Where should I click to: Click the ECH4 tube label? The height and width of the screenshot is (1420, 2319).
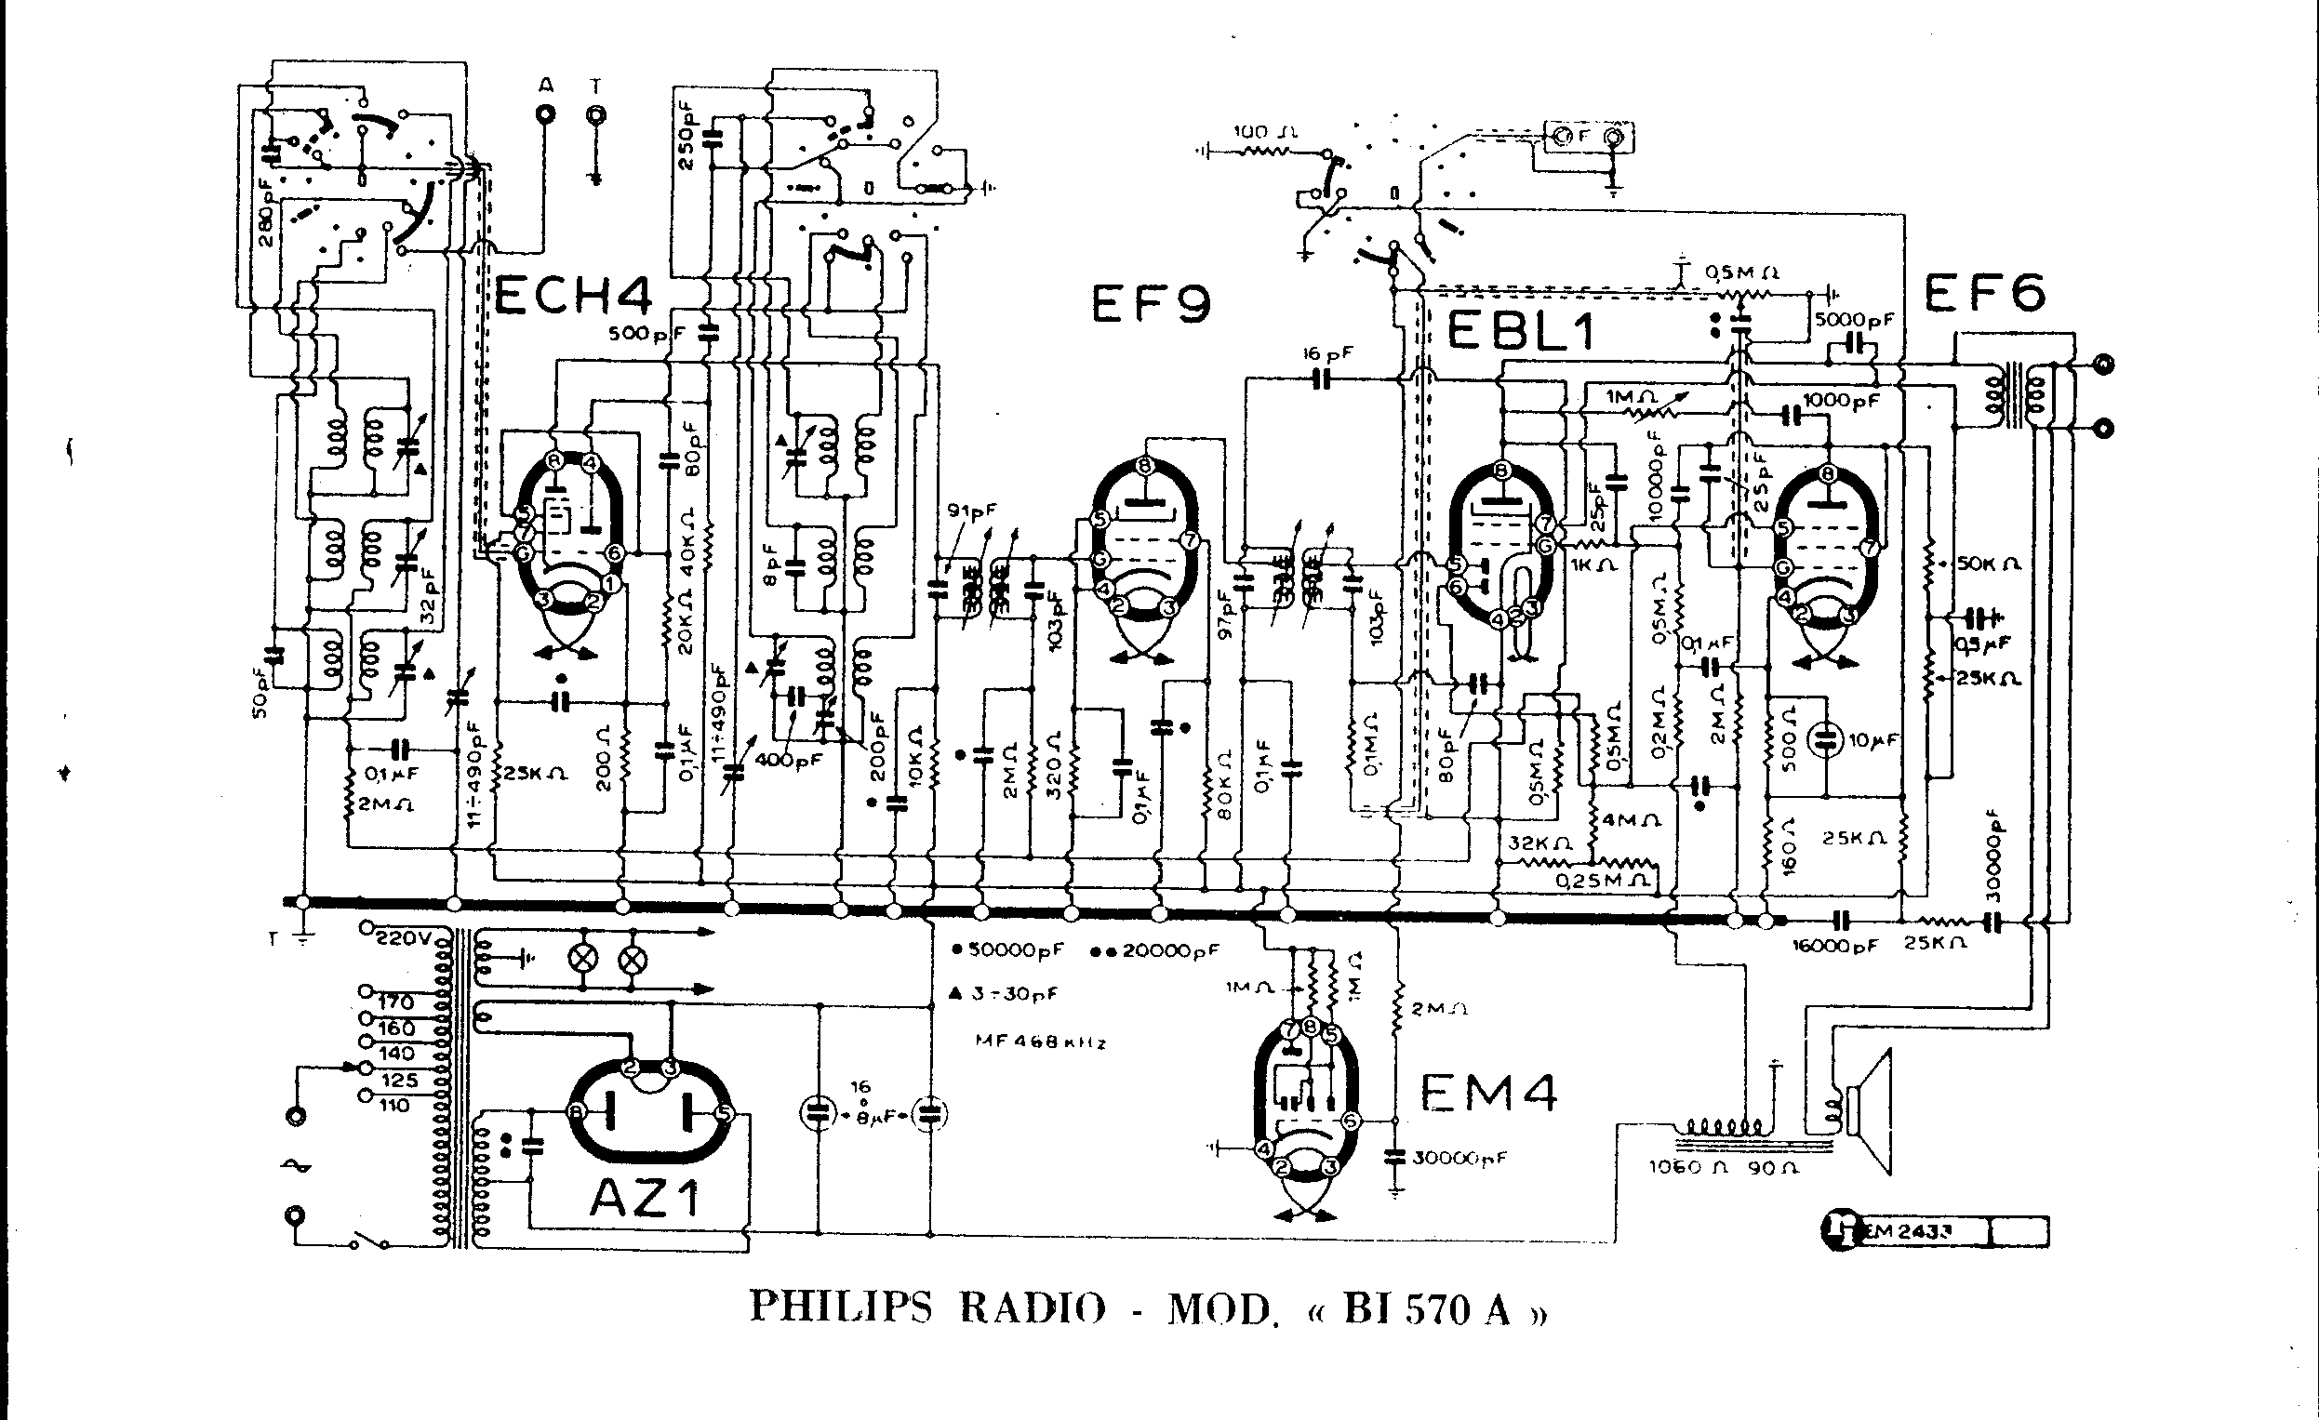point(572,298)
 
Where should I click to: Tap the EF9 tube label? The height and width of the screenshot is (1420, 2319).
point(1150,303)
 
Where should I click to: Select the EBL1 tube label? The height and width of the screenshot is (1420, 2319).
point(1519,331)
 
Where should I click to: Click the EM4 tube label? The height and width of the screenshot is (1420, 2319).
point(1487,1093)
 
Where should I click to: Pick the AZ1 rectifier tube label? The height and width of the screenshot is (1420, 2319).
point(646,1198)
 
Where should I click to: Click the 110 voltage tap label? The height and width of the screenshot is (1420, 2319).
point(394,1106)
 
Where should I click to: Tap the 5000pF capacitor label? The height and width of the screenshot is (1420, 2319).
point(1853,320)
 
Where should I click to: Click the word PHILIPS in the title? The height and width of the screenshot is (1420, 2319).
point(839,1307)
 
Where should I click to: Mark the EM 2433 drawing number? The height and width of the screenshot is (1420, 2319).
point(1910,1231)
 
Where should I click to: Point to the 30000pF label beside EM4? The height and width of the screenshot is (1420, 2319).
point(1459,1158)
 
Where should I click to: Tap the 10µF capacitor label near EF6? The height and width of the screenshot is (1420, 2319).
point(1873,740)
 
